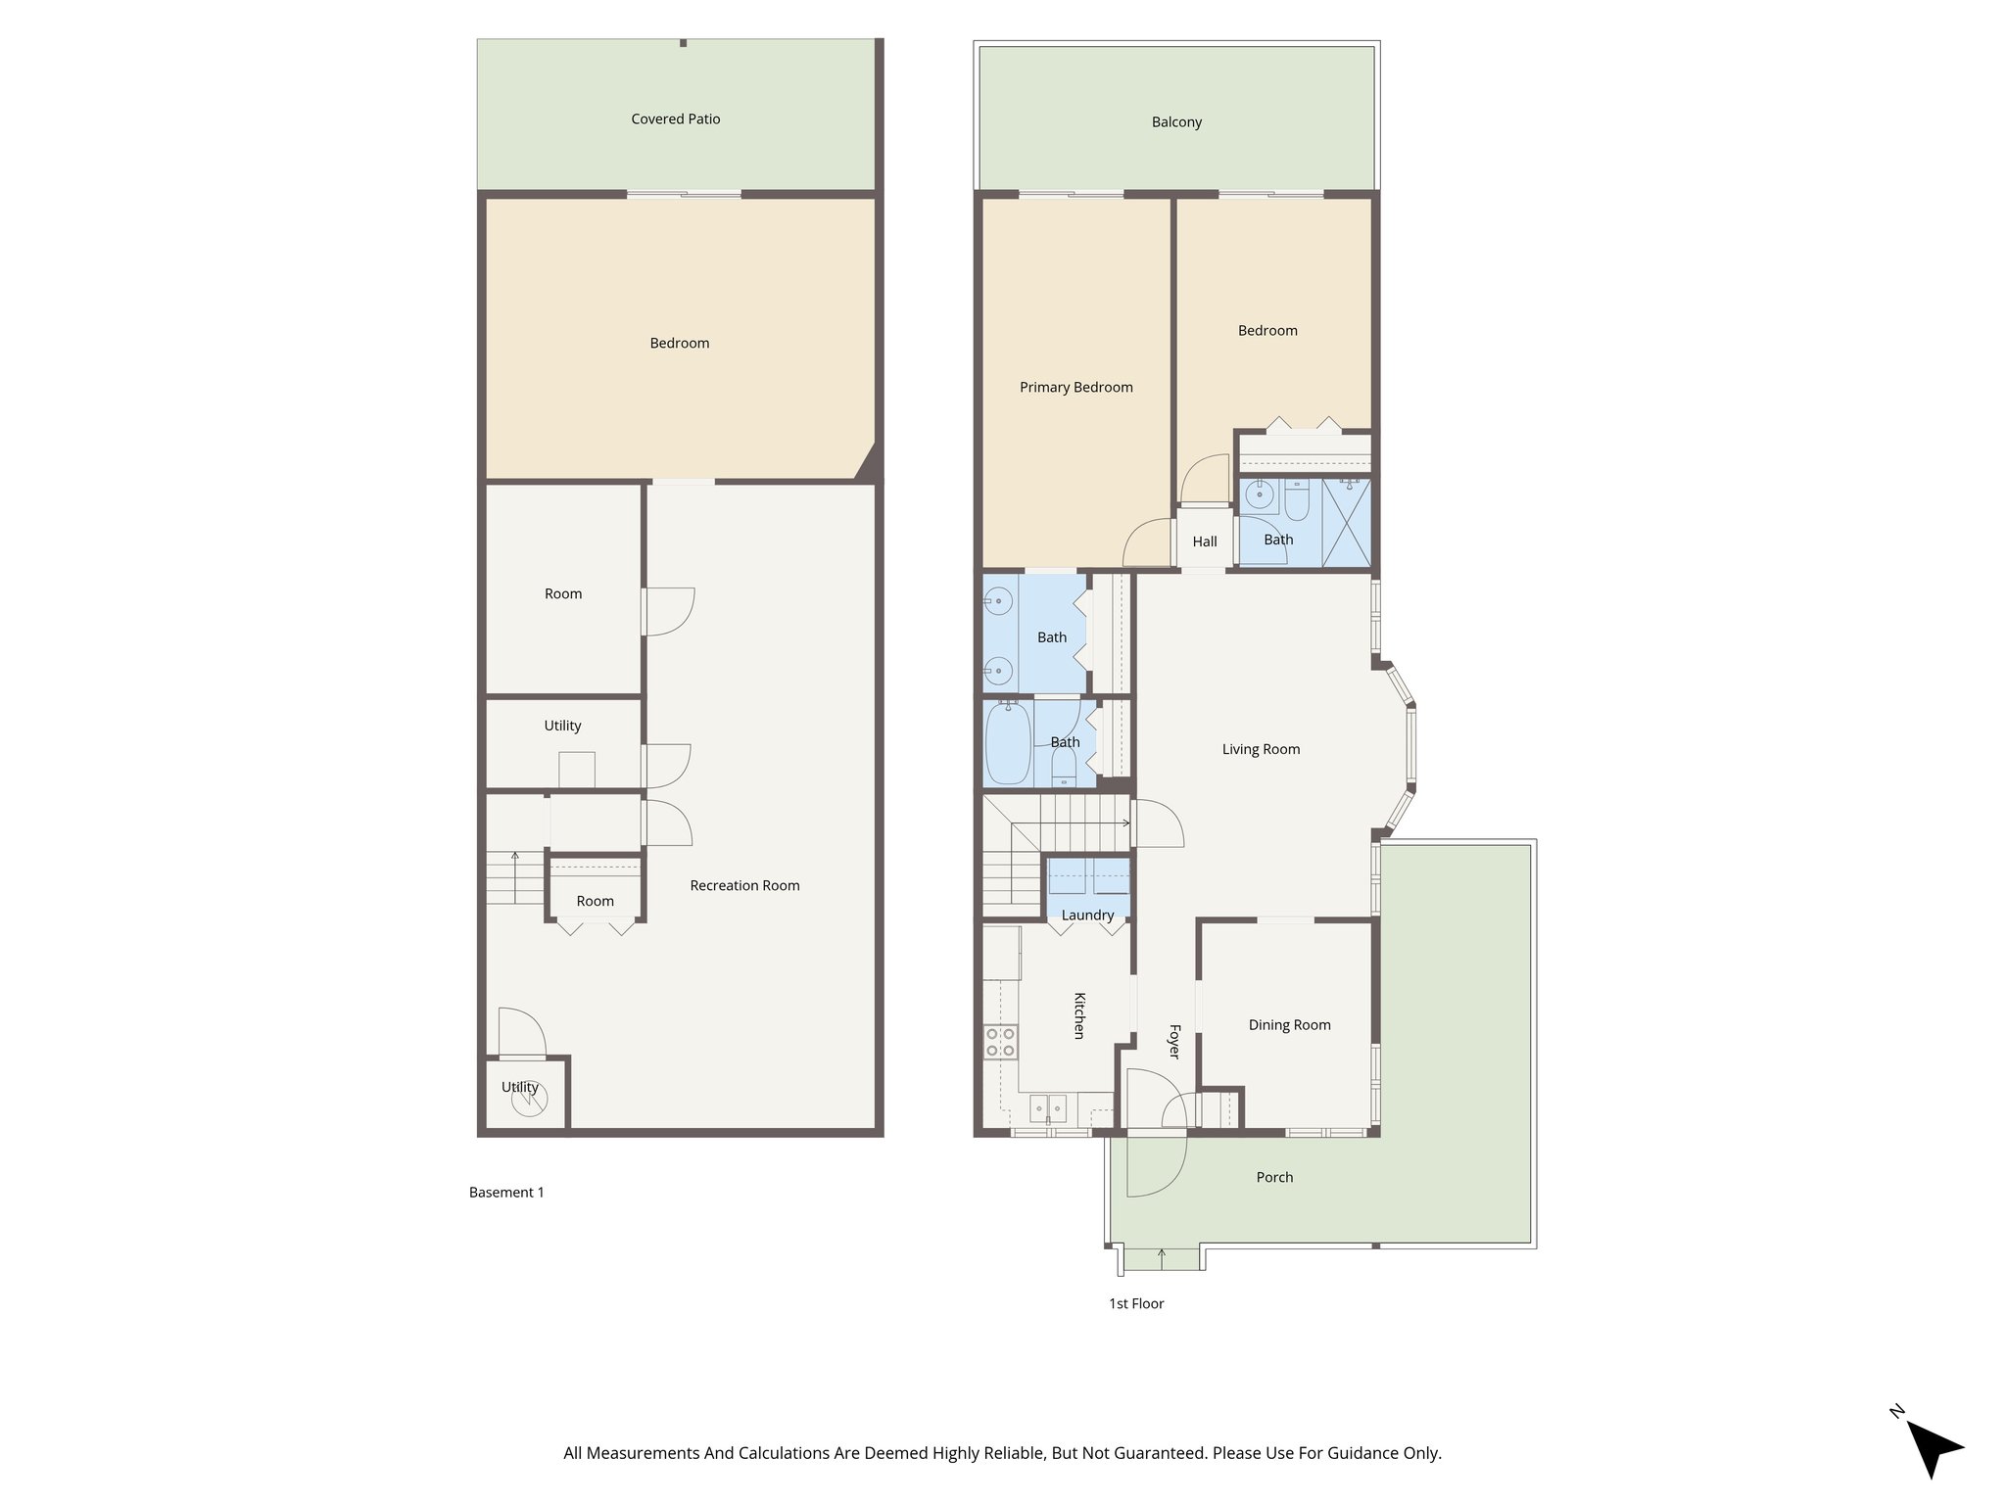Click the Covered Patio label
click(x=675, y=119)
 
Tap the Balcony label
click(x=1176, y=122)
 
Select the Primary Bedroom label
click(x=1075, y=388)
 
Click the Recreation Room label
click(x=744, y=886)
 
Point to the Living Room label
click(x=1261, y=750)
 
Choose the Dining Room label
click(x=1289, y=1025)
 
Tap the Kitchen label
click(x=1079, y=1015)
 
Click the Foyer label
click(x=1174, y=1042)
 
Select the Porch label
click(x=1274, y=1178)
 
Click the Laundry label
click(x=1087, y=916)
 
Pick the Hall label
click(x=1205, y=541)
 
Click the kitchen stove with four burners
click(x=1000, y=1042)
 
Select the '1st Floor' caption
click(x=1136, y=1304)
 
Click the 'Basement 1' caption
click(x=506, y=1193)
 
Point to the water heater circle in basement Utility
click(x=528, y=1101)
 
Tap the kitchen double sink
click(x=1048, y=1107)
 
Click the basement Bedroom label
click(x=679, y=344)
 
